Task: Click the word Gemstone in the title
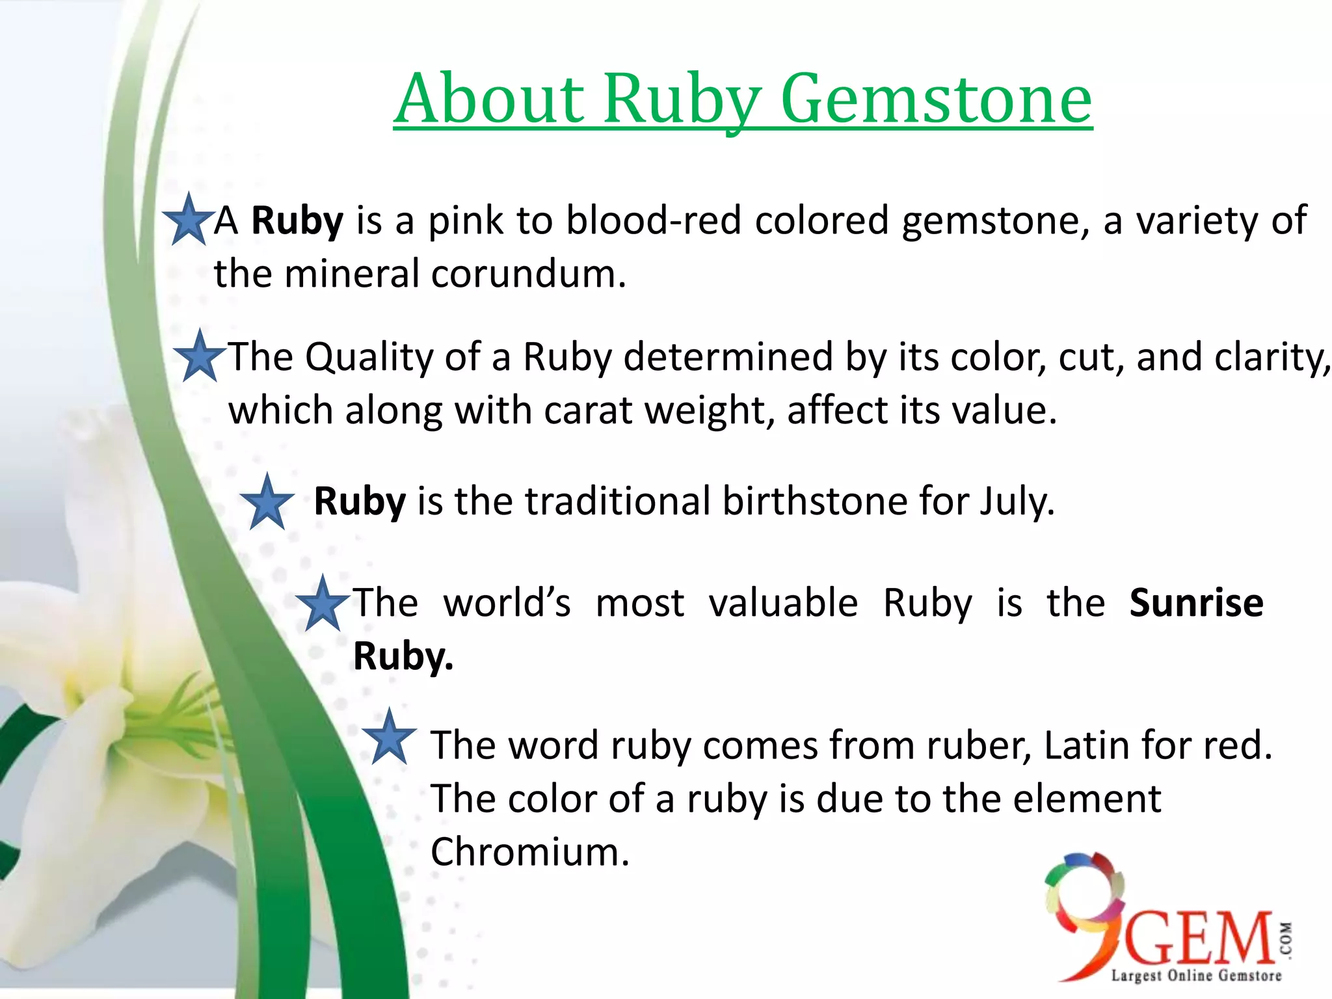(x=936, y=99)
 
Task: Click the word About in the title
(x=490, y=99)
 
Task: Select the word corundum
(x=528, y=274)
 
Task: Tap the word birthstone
(x=814, y=501)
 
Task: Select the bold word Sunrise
(x=1196, y=603)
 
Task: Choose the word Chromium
(x=530, y=852)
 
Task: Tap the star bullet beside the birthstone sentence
(x=267, y=503)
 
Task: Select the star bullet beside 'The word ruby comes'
(x=389, y=738)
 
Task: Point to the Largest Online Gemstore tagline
(x=1195, y=975)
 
